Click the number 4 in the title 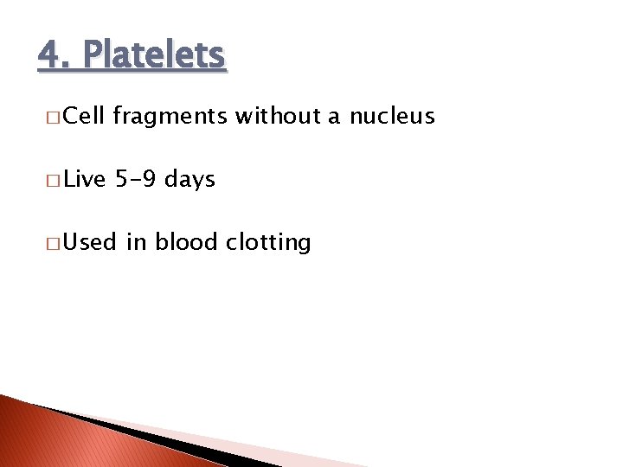tap(49, 55)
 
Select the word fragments tap(170, 117)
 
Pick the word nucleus tap(392, 117)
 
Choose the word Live tap(85, 179)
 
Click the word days tap(189, 180)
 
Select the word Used tap(90, 242)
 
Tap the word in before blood tap(137, 242)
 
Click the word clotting tap(268, 243)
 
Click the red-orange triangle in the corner tap(52, 441)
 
